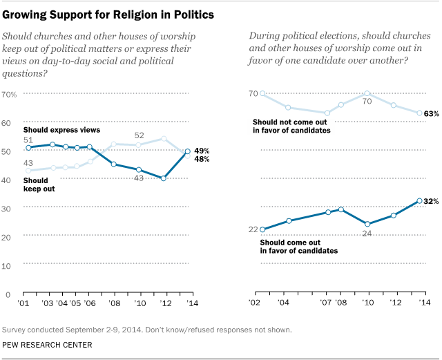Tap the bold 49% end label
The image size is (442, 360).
[202, 151]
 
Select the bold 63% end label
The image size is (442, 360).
[430, 113]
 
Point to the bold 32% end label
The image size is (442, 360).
[430, 201]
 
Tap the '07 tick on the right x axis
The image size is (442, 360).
[327, 303]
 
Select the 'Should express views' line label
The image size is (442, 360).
[61, 130]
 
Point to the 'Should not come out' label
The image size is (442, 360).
[296, 121]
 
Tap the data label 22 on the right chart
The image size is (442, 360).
[253, 229]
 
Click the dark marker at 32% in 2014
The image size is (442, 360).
[420, 201]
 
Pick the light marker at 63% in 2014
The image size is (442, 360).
[420, 113]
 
